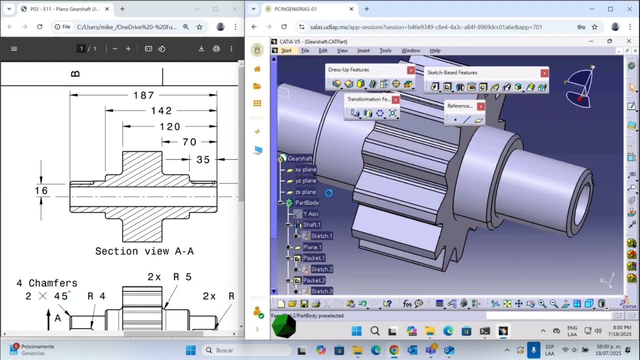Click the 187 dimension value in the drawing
pyautogui.click(x=143, y=95)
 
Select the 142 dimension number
pyautogui.click(x=161, y=111)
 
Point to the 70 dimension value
pyautogui.click(x=189, y=142)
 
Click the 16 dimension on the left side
pyautogui.click(x=41, y=190)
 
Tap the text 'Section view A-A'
pyautogui.click(x=144, y=251)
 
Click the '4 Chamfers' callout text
pyautogui.click(x=47, y=283)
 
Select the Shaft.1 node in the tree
pyautogui.click(x=311, y=225)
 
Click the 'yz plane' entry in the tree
pyautogui.click(x=305, y=181)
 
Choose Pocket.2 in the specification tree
pyautogui.click(x=313, y=280)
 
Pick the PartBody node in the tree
pyautogui.click(x=306, y=203)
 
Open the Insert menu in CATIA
pyautogui.click(x=363, y=50)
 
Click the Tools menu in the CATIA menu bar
pyautogui.click(x=385, y=50)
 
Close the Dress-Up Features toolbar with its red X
pyautogui.click(x=410, y=70)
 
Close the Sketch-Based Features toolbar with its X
pyautogui.click(x=544, y=73)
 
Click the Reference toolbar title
pyautogui.click(x=459, y=106)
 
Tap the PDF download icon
pyautogui.click(x=201, y=48)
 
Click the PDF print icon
pyautogui.click(x=216, y=48)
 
